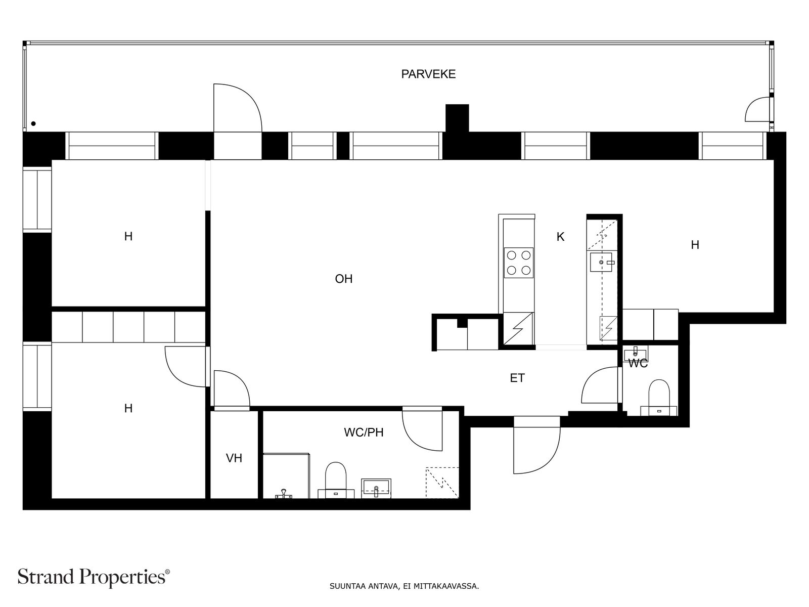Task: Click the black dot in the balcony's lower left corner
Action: coord(33,124)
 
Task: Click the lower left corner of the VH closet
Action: coord(210,498)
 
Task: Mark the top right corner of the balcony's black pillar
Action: coord(469,105)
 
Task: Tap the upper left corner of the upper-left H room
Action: coord(52,160)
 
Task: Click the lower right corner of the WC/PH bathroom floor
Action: coord(459,498)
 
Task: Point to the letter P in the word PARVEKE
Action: coord(404,74)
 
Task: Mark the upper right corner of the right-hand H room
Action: coord(773,160)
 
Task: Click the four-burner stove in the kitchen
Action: coord(519,263)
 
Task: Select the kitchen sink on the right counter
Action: coord(601,262)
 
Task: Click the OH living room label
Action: coord(343,279)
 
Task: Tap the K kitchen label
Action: coord(560,237)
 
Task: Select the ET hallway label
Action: coord(517,378)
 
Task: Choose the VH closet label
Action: coord(234,458)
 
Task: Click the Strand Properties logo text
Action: coord(94,577)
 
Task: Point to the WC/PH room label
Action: coord(364,432)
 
